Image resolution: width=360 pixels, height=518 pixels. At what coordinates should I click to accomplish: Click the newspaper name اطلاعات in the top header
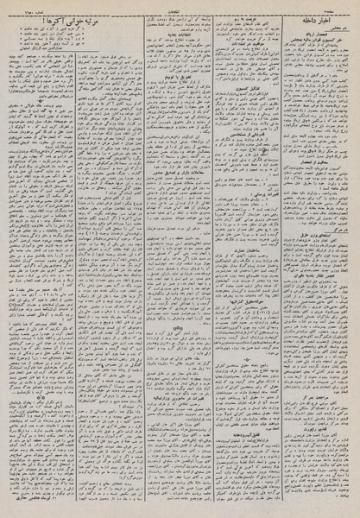pyautogui.click(x=182, y=7)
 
